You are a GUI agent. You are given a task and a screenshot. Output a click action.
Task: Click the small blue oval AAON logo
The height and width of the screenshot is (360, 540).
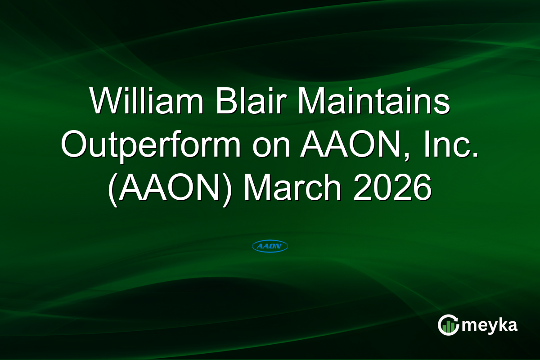[270, 246]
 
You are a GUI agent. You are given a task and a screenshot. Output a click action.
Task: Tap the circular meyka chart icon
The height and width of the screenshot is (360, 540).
[448, 325]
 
